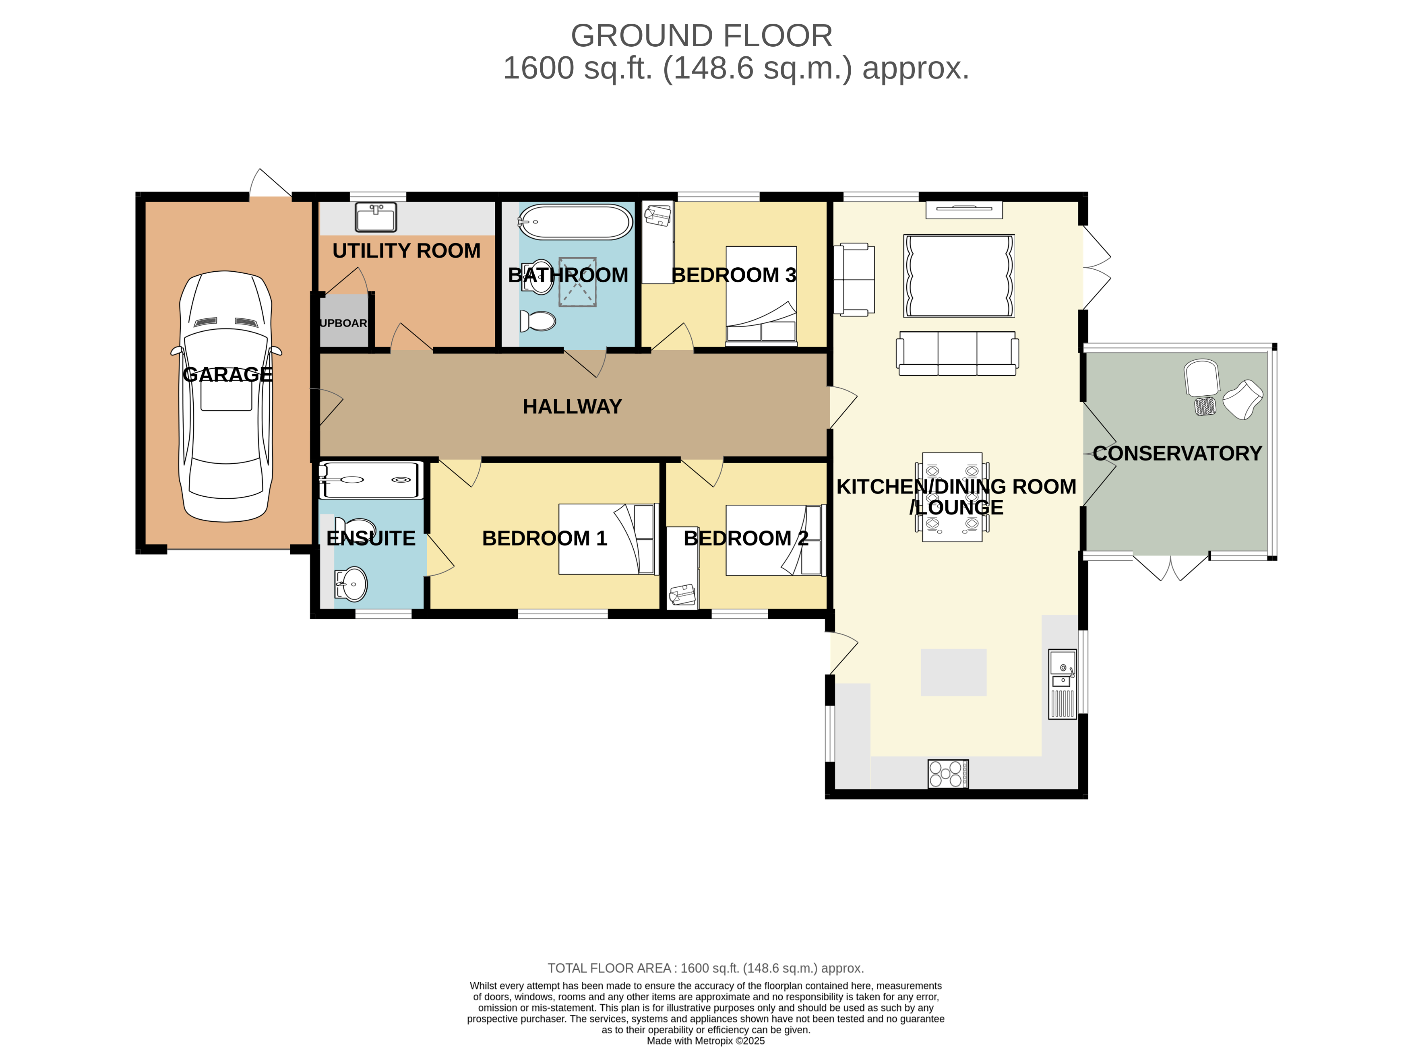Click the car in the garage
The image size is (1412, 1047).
coord(226,396)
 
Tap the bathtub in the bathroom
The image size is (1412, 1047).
coord(575,222)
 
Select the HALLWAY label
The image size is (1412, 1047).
coord(572,406)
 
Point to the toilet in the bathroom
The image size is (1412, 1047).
coord(538,321)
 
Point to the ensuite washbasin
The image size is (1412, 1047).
coord(351,583)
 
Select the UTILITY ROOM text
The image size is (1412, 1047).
coord(406,251)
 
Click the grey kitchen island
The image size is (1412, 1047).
coord(953,672)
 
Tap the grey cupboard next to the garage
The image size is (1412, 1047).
coord(343,320)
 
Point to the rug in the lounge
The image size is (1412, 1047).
coord(959,276)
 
